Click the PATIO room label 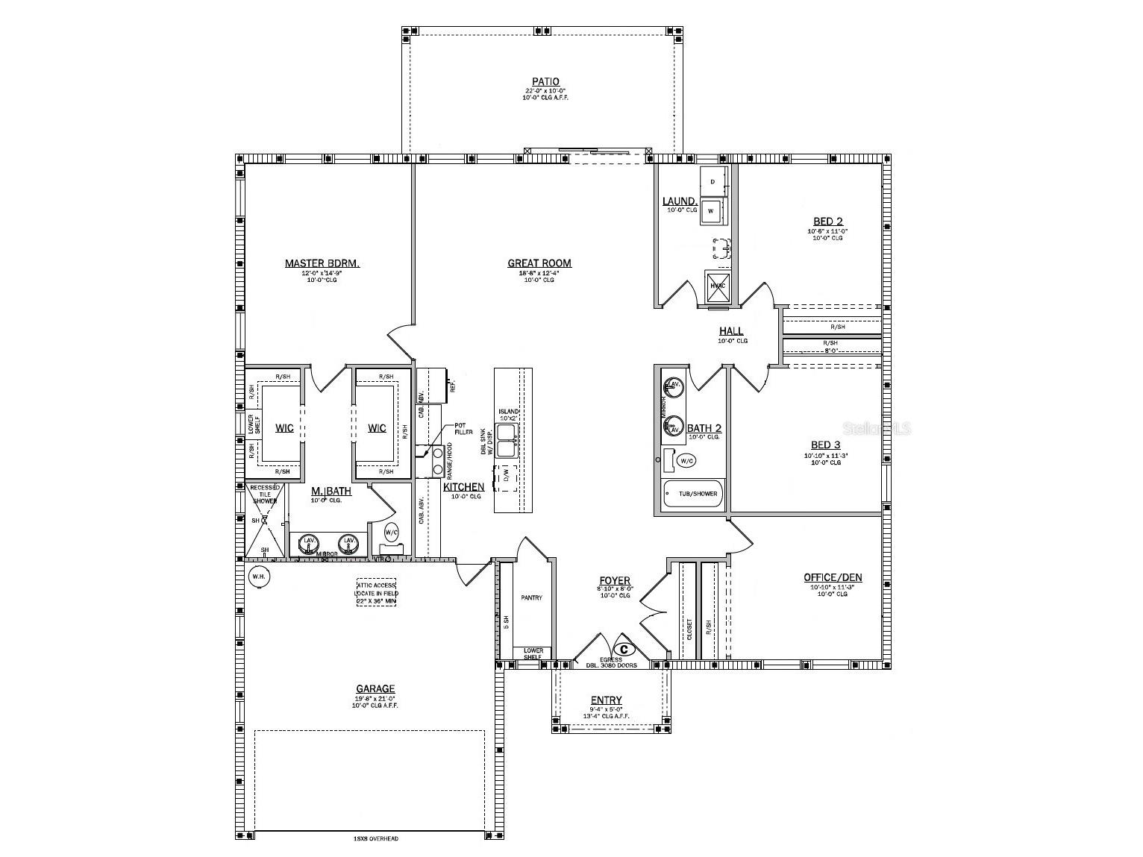click(545, 82)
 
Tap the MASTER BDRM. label click(322, 263)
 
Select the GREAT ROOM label click(539, 263)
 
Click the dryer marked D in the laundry click(713, 181)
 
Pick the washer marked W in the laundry click(711, 210)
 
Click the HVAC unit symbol click(718, 286)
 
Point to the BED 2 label click(827, 222)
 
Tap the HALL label click(731, 331)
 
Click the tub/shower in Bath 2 click(693, 494)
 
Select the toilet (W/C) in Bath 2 click(684, 461)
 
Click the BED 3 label click(826, 445)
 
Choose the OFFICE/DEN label click(833, 577)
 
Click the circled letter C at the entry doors click(624, 649)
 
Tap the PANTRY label click(532, 597)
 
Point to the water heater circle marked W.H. click(258, 577)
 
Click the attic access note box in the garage click(376, 592)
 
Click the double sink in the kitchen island click(508, 440)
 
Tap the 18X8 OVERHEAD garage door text click(376, 839)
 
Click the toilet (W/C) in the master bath click(391, 533)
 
